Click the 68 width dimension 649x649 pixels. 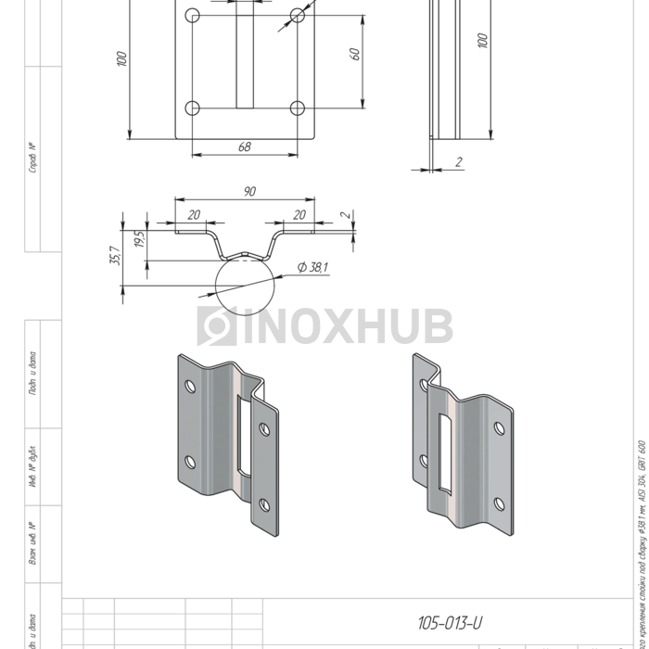pyautogui.click(x=245, y=146)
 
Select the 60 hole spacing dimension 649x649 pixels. pyautogui.click(x=354, y=54)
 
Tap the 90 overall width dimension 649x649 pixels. pyautogui.click(x=249, y=191)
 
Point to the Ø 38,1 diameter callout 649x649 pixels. pyautogui.click(x=313, y=267)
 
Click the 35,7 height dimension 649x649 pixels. pyautogui.click(x=115, y=256)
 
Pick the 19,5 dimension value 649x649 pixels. pyautogui.click(x=139, y=239)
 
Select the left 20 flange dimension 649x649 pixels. pyautogui.click(x=194, y=214)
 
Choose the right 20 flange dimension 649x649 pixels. pyautogui.click(x=299, y=214)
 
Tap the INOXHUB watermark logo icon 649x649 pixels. pyautogui.click(x=216, y=326)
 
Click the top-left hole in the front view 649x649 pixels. pyautogui.click(x=193, y=16)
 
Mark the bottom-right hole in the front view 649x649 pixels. pyautogui.click(x=298, y=108)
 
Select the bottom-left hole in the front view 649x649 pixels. pyautogui.click(x=193, y=108)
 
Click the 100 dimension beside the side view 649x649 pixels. pyautogui.click(x=481, y=41)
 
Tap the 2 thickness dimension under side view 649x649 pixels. pyautogui.click(x=459, y=162)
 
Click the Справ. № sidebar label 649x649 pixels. pyautogui.click(x=32, y=158)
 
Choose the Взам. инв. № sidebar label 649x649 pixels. pyautogui.click(x=32, y=542)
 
